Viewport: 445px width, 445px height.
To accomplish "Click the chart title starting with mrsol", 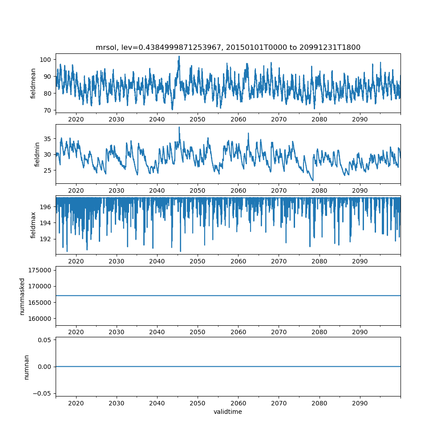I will (228, 47).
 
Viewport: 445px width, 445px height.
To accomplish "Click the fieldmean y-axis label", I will (33, 84).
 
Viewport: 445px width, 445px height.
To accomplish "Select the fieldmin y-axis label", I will (37, 154).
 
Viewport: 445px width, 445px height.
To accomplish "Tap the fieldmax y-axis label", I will (33, 225).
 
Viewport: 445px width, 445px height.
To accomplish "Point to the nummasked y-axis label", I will (22, 296).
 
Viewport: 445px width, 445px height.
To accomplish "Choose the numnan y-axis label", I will (26, 367).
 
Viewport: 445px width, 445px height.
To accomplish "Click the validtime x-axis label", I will (228, 412).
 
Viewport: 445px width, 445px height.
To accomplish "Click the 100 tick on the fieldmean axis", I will (46, 60).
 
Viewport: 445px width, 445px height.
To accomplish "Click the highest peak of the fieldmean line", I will (179, 57).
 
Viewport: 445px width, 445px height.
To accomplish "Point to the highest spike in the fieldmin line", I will (179, 127).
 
